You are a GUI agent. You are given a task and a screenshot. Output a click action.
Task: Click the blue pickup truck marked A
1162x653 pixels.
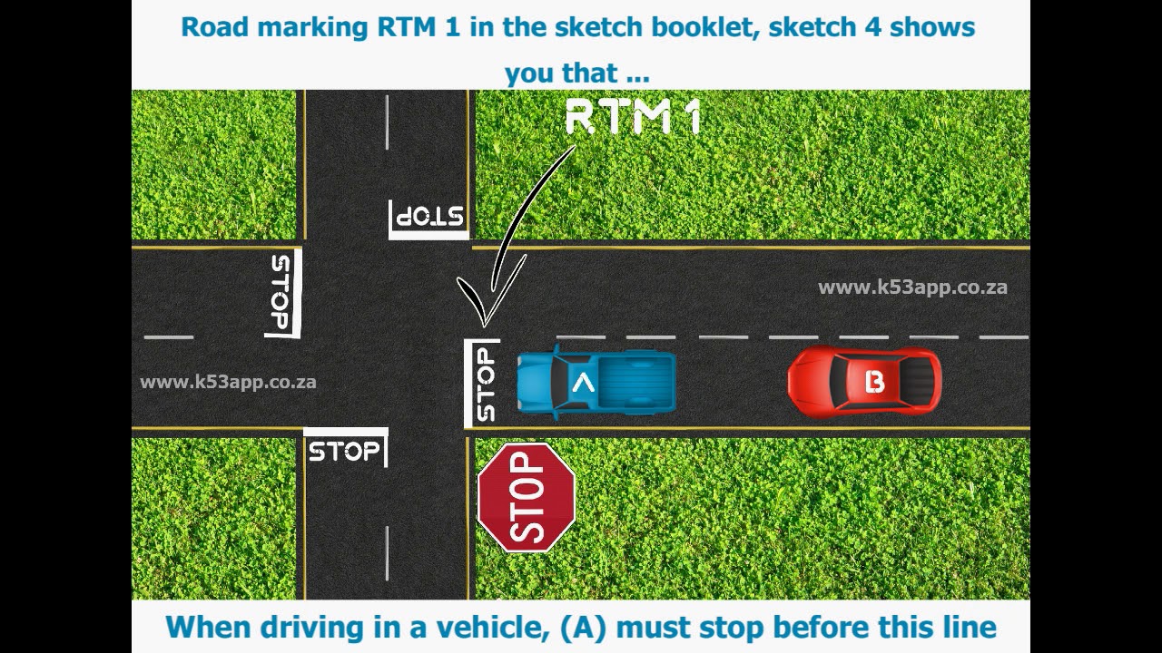[x=596, y=384]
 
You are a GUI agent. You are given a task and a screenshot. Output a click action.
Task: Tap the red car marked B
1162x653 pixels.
[x=864, y=382]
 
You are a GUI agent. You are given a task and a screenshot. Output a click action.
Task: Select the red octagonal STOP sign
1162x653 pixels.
[x=527, y=497]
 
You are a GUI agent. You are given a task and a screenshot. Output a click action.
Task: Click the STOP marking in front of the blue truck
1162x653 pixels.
[x=485, y=384]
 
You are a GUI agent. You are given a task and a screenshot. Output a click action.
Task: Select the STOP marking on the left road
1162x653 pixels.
[x=282, y=293]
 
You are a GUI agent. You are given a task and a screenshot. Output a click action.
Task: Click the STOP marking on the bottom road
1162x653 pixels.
[x=344, y=451]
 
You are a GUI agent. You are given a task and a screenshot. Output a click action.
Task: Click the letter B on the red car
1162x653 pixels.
[x=874, y=382]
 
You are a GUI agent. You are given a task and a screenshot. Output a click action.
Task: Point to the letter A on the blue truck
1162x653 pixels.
[x=583, y=384]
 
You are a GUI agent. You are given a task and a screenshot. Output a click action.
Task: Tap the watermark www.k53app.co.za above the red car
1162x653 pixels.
[x=912, y=288]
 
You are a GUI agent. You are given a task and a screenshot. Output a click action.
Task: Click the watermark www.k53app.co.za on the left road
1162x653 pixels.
[x=228, y=382]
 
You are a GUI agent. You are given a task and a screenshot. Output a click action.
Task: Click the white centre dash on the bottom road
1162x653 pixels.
[x=388, y=551]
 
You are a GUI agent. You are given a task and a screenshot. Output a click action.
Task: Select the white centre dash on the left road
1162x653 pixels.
[x=169, y=337]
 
